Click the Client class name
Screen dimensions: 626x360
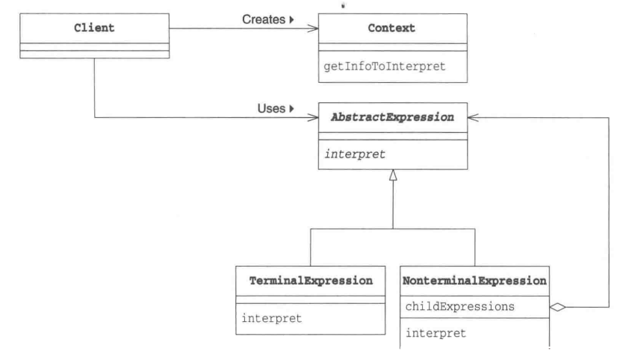pyautogui.click(x=94, y=28)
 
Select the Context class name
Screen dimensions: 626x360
pyautogui.click(x=391, y=28)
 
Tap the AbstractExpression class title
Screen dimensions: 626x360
pyautogui.click(x=392, y=117)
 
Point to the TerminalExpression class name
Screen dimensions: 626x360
pyautogui.click(x=311, y=281)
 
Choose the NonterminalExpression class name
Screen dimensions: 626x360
pyautogui.click(x=474, y=281)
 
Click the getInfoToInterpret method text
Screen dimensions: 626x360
pyautogui.click(x=385, y=66)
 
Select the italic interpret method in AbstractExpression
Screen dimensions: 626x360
pyautogui.click(x=355, y=154)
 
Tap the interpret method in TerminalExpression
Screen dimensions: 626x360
pyautogui.click(x=271, y=318)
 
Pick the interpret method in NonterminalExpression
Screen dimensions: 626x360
pyautogui.click(x=436, y=333)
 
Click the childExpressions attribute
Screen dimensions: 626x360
pyautogui.click(x=460, y=306)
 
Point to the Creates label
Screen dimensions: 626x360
pyautogui.click(x=264, y=19)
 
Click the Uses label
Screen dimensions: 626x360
pyautogui.click(x=271, y=108)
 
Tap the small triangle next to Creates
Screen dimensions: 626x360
pyautogui.click(x=292, y=19)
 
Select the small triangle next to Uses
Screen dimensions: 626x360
pyautogui.click(x=292, y=108)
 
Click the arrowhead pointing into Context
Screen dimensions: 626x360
pyautogui.click(x=313, y=28)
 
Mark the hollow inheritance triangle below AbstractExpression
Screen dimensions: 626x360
pyautogui.click(x=393, y=175)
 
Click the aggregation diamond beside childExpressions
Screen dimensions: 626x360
pyautogui.click(x=558, y=307)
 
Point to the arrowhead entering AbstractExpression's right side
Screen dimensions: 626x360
pyautogui.click(x=473, y=117)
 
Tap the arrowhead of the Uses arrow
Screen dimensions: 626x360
pyautogui.click(x=313, y=117)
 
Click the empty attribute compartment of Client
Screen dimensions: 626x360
pyautogui.click(x=94, y=47)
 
